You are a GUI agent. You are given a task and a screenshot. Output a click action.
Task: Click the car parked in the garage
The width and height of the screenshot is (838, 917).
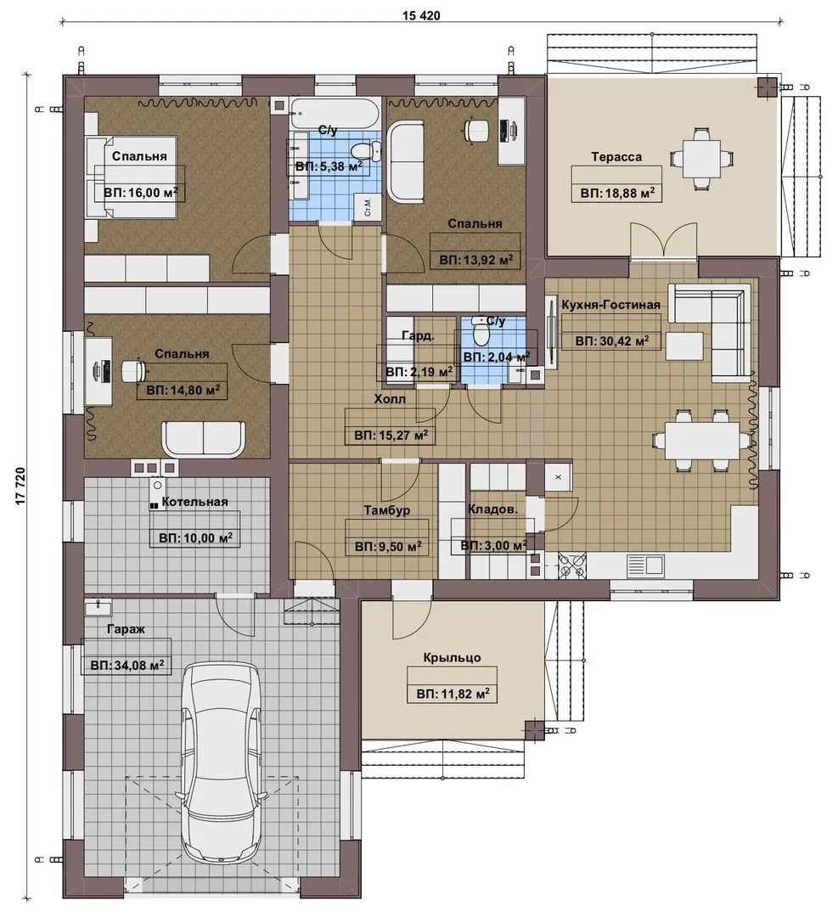[221, 767]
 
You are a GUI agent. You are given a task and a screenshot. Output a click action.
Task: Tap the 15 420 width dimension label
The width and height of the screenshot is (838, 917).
[421, 16]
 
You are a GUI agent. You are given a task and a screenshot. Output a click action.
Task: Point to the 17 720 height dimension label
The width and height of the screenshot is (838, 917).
[21, 486]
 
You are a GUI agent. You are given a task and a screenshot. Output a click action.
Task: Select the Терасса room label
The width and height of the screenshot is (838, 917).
[616, 157]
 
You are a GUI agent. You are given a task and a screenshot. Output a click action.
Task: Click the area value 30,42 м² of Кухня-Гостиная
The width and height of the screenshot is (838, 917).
[612, 340]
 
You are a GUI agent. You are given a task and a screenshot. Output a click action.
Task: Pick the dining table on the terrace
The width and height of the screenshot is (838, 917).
[701, 158]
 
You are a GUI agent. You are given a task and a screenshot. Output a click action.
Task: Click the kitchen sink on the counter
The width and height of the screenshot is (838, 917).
[645, 565]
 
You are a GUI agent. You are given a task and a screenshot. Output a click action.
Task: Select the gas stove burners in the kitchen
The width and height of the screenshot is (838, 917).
[572, 565]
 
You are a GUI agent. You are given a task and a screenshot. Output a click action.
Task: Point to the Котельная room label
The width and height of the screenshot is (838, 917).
[194, 502]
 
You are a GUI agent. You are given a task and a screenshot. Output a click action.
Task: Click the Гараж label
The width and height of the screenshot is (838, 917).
[126, 629]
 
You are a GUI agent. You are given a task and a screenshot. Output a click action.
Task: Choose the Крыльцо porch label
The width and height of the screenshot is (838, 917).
[452, 657]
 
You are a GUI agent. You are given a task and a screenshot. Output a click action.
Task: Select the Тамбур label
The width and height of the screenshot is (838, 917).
[387, 510]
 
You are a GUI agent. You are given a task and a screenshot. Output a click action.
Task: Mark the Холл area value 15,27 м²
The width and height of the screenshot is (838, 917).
[391, 435]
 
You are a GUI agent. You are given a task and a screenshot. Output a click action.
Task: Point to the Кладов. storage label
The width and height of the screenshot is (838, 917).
[492, 509]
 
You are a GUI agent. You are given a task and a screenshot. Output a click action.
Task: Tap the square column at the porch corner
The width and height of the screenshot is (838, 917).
[535, 730]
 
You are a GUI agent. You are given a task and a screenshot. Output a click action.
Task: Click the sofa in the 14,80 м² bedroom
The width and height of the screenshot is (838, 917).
[204, 439]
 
